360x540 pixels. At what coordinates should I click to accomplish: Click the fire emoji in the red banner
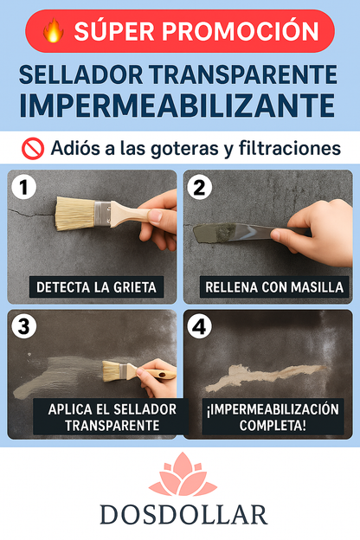[x=54, y=32]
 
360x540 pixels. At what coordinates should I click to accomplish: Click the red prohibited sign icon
[x=32, y=148]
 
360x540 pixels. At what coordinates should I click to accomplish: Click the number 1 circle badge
[x=26, y=187]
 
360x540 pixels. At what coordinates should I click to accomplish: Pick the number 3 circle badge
[x=26, y=327]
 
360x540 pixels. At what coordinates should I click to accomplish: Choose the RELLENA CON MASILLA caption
[x=273, y=286]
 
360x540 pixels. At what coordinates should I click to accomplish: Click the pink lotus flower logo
[x=183, y=476]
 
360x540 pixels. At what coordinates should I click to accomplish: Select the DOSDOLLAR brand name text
[x=183, y=516]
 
